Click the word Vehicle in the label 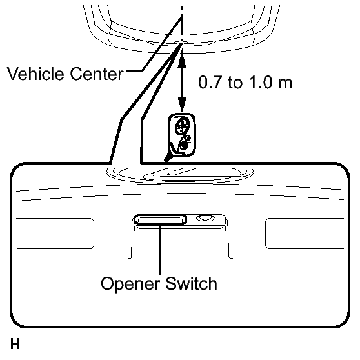tap(36, 74)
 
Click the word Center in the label tap(96, 74)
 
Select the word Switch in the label tap(191, 283)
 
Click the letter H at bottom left tap(15, 344)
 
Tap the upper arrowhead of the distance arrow tap(182, 61)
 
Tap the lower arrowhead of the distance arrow tap(182, 105)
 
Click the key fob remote tap(182, 135)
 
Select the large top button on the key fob tap(183, 126)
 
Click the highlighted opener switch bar tap(160, 219)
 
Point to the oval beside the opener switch tap(206, 218)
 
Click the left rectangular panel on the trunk tap(55, 234)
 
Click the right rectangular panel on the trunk tap(305, 234)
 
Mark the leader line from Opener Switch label tap(160, 249)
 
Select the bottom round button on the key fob tap(184, 146)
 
